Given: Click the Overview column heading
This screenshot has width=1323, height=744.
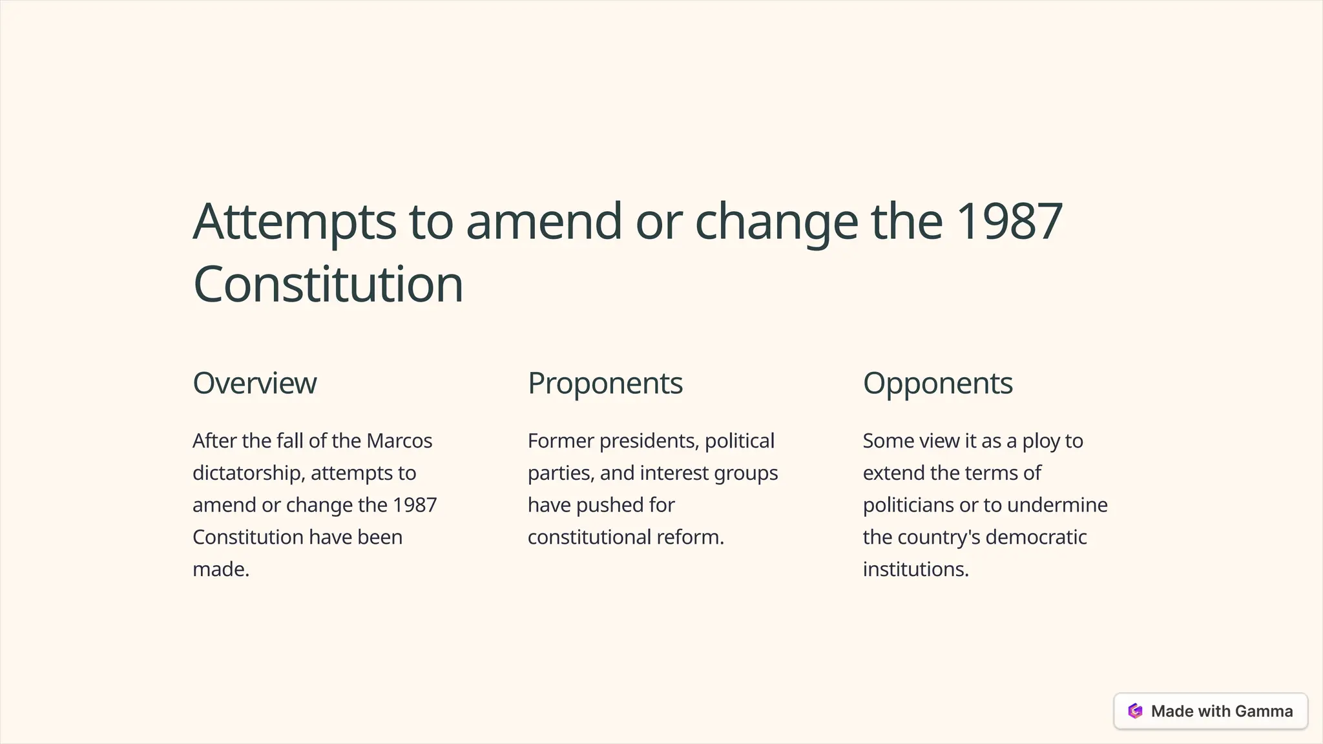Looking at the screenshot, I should tap(255, 383).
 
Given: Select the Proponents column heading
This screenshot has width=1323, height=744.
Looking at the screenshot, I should tap(605, 383).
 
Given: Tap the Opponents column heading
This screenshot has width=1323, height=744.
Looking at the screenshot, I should tap(937, 383).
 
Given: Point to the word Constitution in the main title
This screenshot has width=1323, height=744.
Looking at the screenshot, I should tap(328, 284).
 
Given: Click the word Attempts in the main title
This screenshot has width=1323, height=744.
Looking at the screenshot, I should tap(295, 221).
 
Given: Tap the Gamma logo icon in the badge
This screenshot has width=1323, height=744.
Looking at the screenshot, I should tap(1135, 711).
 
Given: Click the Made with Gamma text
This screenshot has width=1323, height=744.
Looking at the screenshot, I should tap(1222, 711).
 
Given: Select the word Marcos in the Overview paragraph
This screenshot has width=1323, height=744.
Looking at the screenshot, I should tap(399, 440).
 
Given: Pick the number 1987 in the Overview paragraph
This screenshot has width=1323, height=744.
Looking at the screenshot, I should tap(415, 504).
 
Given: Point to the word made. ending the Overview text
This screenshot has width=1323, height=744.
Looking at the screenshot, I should tap(221, 569).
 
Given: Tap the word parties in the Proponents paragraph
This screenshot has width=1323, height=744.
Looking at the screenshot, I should tap(560, 473).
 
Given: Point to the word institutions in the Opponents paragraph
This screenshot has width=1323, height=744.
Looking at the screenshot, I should tap(915, 569).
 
